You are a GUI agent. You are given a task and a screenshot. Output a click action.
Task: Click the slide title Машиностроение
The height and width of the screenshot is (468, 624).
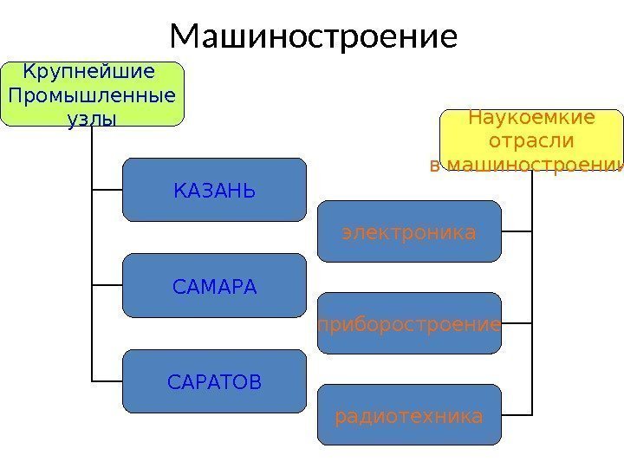[x=313, y=36]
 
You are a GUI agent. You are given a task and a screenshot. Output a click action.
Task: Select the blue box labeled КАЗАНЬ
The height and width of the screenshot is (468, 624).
[x=214, y=190]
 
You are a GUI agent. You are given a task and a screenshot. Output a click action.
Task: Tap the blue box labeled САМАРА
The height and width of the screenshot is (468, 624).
[x=214, y=285]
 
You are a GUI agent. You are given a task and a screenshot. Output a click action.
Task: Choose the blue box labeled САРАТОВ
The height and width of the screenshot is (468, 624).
[x=214, y=380]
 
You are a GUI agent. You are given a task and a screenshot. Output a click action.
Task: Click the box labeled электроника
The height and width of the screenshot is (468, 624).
[x=409, y=231]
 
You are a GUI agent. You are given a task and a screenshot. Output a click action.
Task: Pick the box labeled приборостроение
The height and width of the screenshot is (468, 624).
[x=409, y=324]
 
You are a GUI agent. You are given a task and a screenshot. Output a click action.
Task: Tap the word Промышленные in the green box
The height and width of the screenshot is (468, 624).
[x=91, y=94]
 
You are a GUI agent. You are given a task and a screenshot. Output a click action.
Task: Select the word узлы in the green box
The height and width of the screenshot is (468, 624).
[x=91, y=118]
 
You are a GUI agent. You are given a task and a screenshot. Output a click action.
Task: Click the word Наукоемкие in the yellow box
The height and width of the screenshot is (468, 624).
[x=531, y=117]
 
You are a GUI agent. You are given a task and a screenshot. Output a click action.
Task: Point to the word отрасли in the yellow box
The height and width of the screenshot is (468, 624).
[x=531, y=140]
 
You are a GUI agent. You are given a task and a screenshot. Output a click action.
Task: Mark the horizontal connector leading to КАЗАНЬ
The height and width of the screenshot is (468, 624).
[x=107, y=190]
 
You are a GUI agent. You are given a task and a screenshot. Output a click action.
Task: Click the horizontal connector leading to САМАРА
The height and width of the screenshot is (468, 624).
[x=107, y=285]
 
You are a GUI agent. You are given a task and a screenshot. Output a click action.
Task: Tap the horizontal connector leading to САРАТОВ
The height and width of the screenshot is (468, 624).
[x=107, y=380]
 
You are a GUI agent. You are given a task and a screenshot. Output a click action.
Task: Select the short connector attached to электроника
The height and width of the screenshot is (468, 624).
[x=517, y=231]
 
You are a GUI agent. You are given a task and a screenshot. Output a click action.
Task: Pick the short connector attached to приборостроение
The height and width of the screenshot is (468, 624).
[x=517, y=324]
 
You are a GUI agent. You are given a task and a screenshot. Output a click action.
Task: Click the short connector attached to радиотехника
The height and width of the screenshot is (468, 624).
[x=517, y=415]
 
